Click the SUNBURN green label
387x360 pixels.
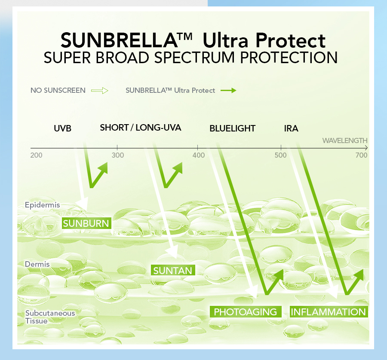click(87, 223)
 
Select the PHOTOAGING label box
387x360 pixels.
click(246, 312)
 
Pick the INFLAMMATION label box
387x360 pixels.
click(329, 312)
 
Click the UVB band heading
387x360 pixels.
click(62, 128)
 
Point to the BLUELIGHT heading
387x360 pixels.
click(233, 128)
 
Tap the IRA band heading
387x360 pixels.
click(291, 128)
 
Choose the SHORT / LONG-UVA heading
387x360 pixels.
click(141, 128)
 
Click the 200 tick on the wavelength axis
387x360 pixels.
click(37, 155)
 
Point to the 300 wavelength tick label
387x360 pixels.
click(118, 155)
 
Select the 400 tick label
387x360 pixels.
click(198, 155)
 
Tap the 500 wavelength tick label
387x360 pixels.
click(280, 155)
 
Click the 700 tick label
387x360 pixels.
click(362, 155)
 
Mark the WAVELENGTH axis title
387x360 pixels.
click(345, 140)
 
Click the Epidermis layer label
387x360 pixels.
click(43, 205)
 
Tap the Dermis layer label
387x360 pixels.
click(37, 264)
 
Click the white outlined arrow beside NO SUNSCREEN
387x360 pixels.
click(99, 91)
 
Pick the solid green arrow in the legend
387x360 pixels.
click(228, 91)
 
